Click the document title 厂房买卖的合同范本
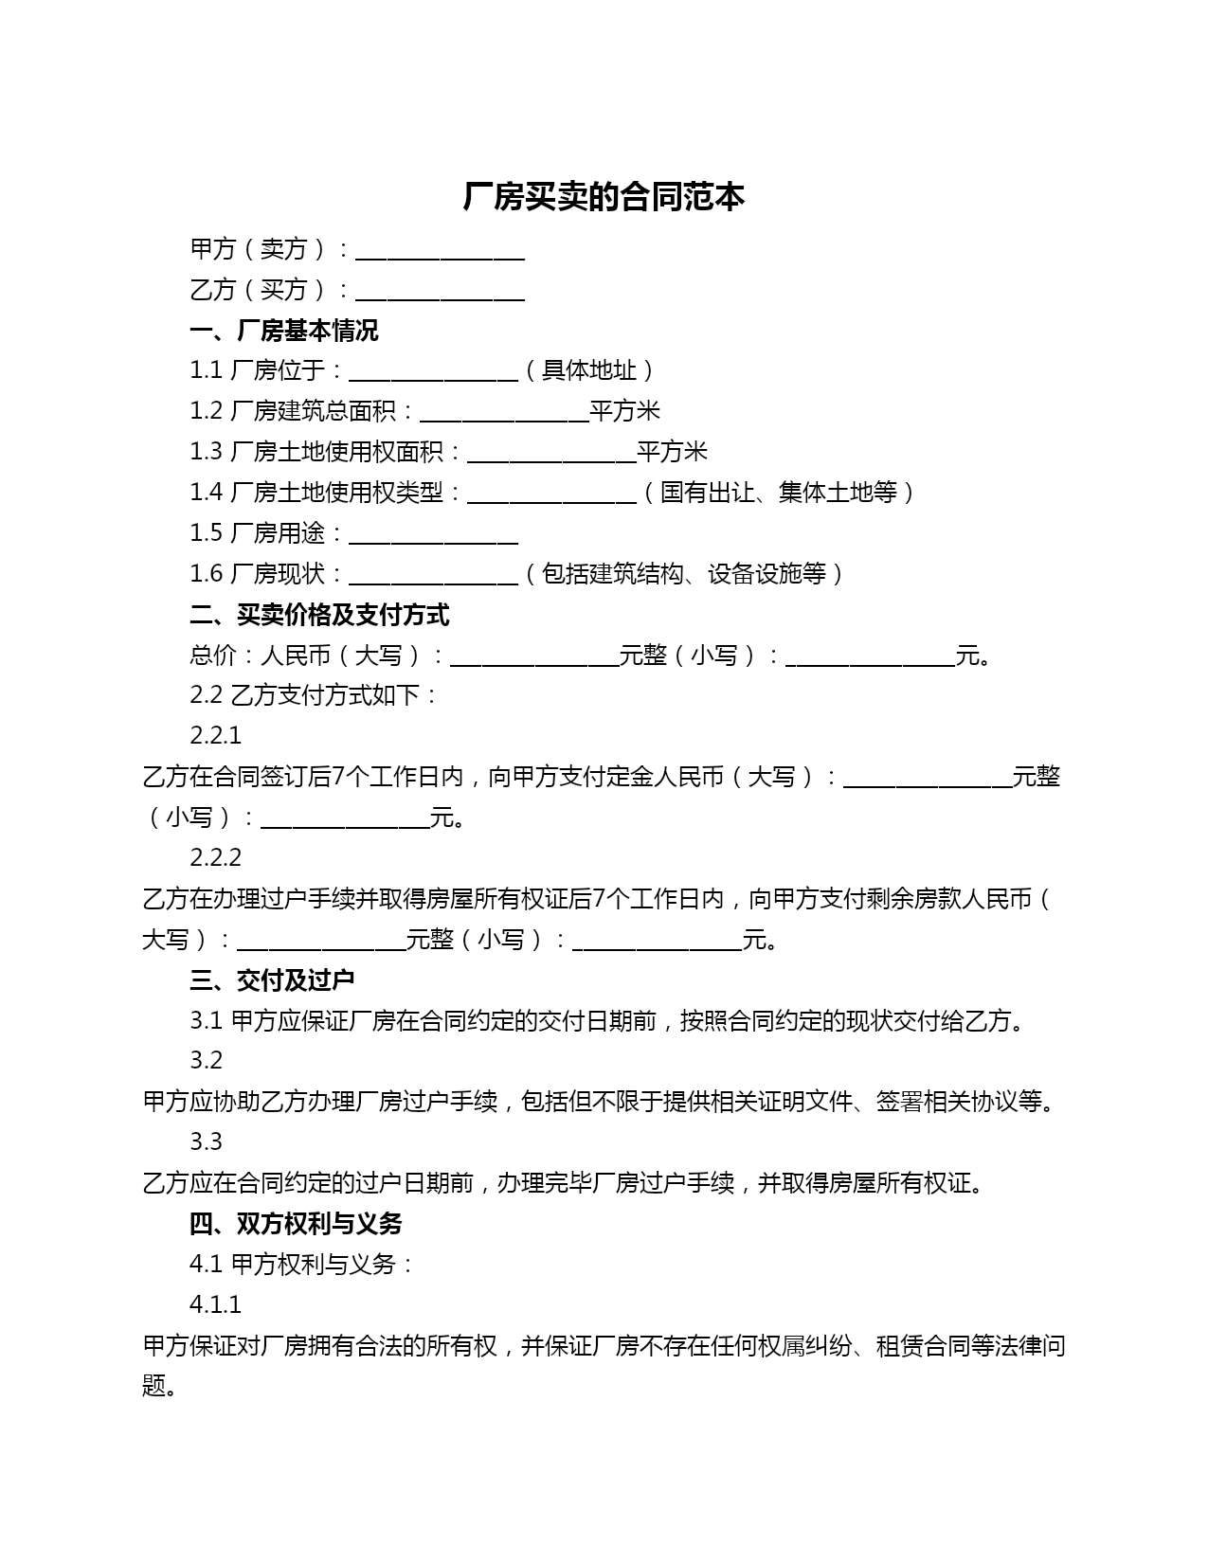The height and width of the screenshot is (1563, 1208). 604,197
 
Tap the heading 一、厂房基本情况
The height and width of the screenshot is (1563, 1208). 283,331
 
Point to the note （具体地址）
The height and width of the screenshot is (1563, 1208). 588,370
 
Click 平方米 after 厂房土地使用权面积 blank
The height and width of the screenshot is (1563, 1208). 672,452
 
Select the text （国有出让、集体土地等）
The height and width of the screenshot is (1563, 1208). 778,493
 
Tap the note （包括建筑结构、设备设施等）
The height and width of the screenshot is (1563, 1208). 683,574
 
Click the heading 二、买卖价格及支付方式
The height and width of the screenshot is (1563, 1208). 319,616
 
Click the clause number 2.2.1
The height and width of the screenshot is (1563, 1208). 215,736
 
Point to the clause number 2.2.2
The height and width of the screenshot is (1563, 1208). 215,858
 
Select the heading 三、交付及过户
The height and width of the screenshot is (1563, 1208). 272,980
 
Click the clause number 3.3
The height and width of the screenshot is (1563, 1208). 206,1142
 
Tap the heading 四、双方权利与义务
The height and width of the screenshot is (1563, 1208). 296,1224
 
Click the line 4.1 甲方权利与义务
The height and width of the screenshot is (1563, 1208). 301,1265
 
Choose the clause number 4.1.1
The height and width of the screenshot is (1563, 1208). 215,1305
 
